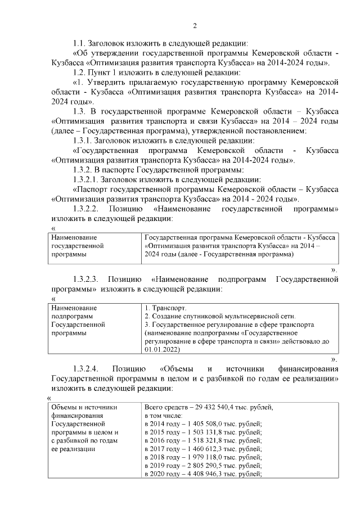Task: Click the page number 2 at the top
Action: click(195, 25)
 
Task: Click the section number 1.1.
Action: click(80, 43)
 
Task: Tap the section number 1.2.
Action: click(80, 73)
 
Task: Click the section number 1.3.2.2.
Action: click(87, 209)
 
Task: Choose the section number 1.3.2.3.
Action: click(87, 279)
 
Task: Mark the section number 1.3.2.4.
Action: click(87, 369)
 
